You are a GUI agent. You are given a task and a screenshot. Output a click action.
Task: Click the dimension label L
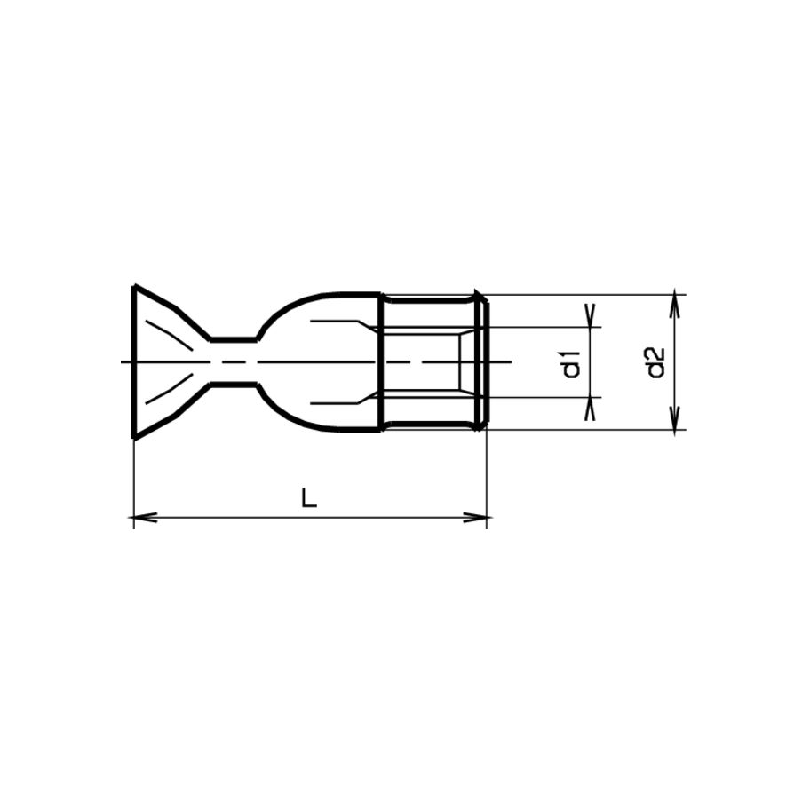(x=309, y=498)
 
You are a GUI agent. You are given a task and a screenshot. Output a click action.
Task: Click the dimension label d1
(x=572, y=363)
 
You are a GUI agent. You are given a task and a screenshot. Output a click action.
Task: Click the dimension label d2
(x=655, y=362)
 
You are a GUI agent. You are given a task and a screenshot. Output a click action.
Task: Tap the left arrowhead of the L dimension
(x=146, y=517)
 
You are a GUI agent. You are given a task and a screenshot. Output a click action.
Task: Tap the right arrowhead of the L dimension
(x=475, y=517)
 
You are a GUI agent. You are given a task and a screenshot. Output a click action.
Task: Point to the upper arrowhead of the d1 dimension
(x=591, y=315)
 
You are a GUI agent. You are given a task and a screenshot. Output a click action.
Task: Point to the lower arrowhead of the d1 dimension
(x=591, y=409)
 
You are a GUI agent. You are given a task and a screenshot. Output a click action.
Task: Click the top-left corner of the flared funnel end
(x=134, y=286)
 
